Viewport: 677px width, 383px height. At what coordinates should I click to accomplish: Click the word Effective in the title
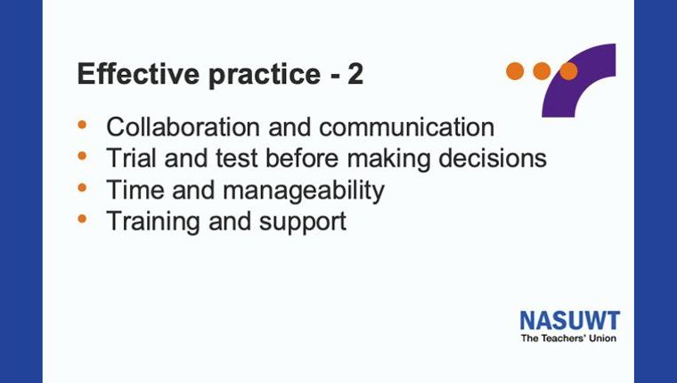[x=138, y=74]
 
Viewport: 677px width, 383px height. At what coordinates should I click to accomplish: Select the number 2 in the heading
[x=355, y=74]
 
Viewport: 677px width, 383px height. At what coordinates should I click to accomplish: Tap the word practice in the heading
[x=265, y=76]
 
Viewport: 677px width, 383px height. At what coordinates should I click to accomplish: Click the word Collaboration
[x=184, y=127]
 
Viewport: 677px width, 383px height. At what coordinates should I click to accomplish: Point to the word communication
[x=407, y=127]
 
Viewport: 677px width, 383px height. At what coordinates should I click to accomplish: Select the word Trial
[x=131, y=158]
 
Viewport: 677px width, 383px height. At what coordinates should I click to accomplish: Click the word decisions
[x=493, y=158]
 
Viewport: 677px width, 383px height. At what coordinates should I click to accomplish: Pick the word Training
[x=153, y=223]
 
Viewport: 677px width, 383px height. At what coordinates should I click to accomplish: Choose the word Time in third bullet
[x=135, y=189]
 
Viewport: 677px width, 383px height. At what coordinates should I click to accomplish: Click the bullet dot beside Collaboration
[x=82, y=125]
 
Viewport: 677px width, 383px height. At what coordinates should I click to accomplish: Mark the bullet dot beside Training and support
[x=82, y=219]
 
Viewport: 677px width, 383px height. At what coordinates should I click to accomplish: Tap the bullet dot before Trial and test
[x=82, y=156]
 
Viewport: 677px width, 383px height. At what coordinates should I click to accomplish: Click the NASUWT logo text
[x=570, y=321]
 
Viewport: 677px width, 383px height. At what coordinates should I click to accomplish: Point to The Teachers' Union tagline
[x=568, y=338]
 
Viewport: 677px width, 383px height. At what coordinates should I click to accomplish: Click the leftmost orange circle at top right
[x=515, y=71]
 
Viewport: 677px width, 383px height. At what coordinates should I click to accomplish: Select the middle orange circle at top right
[x=542, y=71]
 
